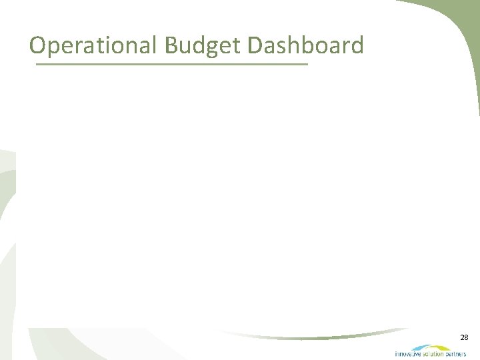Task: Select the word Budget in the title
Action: tap(202, 45)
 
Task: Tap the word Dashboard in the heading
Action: tap(305, 45)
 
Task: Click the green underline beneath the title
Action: tap(172, 64)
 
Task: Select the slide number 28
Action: tap(464, 338)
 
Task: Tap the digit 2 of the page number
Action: tap(461, 338)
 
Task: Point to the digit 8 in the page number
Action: tap(467, 338)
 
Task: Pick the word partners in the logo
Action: tap(456, 354)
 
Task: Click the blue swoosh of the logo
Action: tap(421, 347)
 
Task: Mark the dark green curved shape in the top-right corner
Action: tap(460, 27)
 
